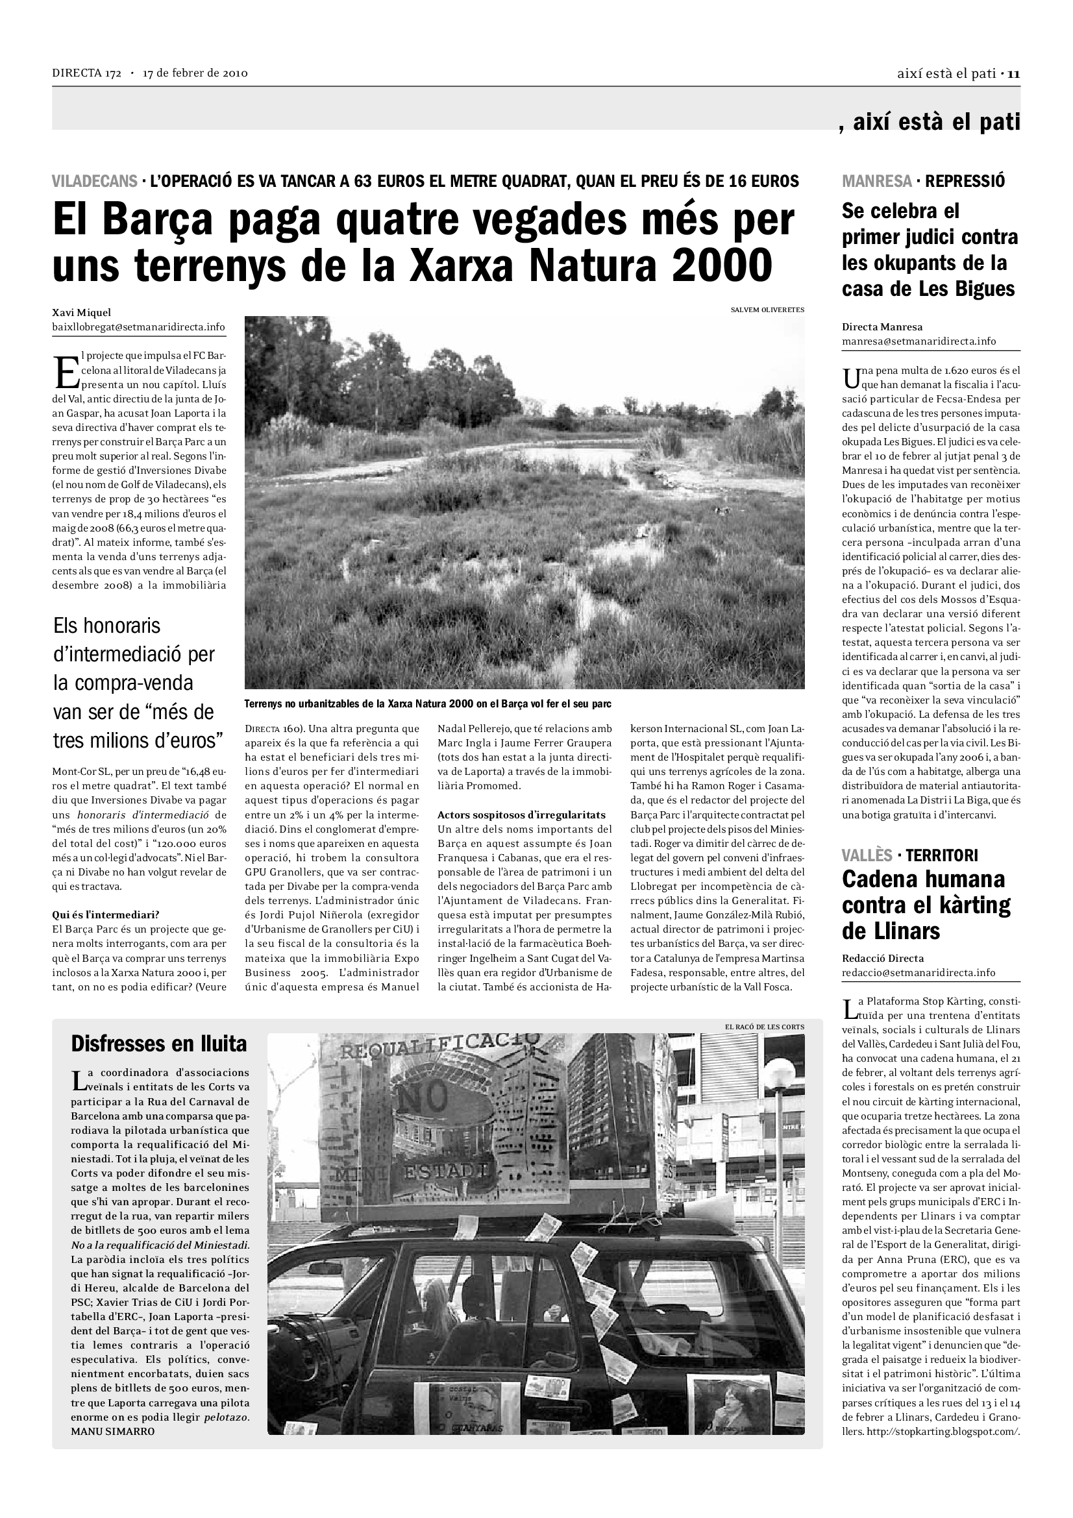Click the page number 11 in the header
pyautogui.click(x=1014, y=73)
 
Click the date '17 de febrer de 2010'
pyautogui.click(x=195, y=73)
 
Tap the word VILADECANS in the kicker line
pyautogui.click(x=95, y=180)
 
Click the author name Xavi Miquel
pyautogui.click(x=82, y=313)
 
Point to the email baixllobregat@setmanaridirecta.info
pyautogui.click(x=138, y=327)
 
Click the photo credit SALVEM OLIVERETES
pyautogui.click(x=767, y=310)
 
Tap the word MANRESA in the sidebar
pyautogui.click(x=875, y=180)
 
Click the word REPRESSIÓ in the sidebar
pyautogui.click(x=965, y=180)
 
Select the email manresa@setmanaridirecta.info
pyautogui.click(x=919, y=341)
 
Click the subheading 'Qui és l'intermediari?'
pyautogui.click(x=106, y=915)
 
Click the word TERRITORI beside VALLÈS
pyautogui.click(x=941, y=855)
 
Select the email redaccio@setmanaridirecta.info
pyautogui.click(x=919, y=973)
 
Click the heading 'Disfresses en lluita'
pyautogui.click(x=158, y=1044)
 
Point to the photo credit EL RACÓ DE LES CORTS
pyautogui.click(x=764, y=1027)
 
